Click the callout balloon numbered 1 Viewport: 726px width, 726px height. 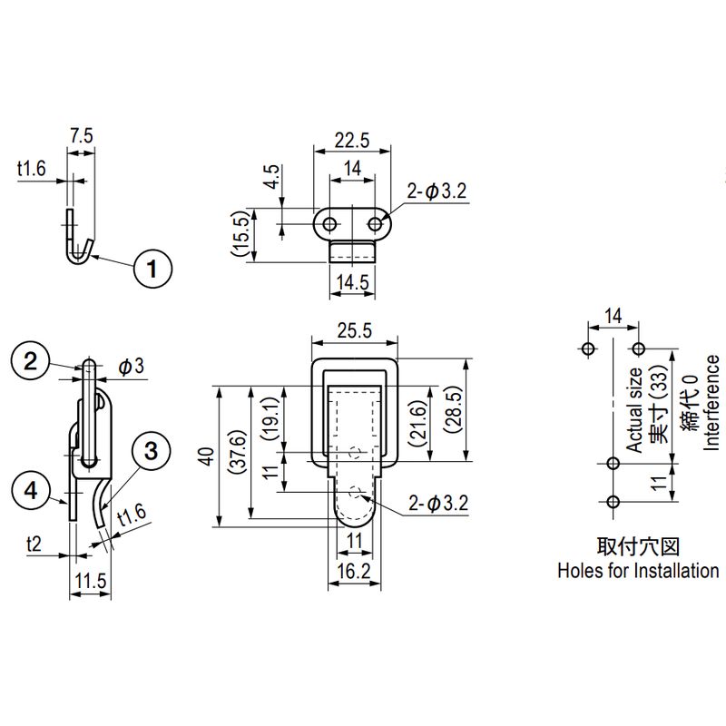click(x=152, y=268)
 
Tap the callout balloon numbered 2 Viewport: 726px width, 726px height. click(x=31, y=361)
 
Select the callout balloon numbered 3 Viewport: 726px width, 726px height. click(x=151, y=449)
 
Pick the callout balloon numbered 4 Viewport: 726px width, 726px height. click(x=31, y=491)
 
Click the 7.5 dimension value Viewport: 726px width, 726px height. click(x=81, y=135)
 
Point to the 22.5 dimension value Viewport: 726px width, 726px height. click(x=351, y=140)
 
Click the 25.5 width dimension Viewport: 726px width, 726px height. click(x=354, y=331)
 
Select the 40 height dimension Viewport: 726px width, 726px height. click(x=208, y=456)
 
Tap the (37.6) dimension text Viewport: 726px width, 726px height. click(x=236, y=456)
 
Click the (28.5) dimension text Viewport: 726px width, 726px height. click(x=454, y=410)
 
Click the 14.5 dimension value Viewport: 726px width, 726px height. click(x=351, y=282)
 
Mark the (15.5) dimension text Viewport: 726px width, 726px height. click(x=239, y=235)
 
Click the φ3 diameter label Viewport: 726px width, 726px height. click(x=131, y=366)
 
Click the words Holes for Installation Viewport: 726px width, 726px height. click(x=637, y=571)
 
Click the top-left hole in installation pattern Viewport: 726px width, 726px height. click(x=587, y=348)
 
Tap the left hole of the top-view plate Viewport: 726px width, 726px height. click(x=329, y=222)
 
